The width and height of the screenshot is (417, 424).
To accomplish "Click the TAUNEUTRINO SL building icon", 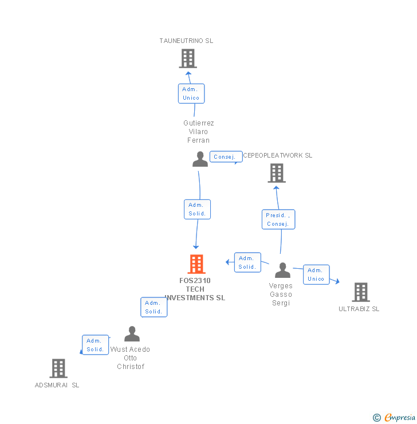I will [187, 58].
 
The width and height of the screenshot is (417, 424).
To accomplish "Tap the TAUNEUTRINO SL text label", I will [186, 41].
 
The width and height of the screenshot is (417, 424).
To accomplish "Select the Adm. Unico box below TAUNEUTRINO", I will [191, 93].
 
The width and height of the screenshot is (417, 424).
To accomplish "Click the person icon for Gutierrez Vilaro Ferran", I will [200, 159].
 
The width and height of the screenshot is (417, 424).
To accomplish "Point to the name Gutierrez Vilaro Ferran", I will [199, 132].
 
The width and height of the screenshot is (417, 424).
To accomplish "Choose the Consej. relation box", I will [225, 156].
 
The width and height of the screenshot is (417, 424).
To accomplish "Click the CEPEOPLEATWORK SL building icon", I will [276, 173].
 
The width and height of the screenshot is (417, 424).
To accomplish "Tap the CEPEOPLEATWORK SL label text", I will [278, 155].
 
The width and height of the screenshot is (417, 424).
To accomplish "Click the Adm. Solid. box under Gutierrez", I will [198, 209].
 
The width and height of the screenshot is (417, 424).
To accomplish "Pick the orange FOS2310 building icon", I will [196, 264].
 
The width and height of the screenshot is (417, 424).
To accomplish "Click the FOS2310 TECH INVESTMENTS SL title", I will [195, 289].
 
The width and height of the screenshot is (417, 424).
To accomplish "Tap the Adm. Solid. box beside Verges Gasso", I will [247, 262].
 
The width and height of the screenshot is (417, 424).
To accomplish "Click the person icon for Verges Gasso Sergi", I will [282, 270].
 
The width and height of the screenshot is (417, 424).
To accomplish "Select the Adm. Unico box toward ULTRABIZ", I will [316, 274].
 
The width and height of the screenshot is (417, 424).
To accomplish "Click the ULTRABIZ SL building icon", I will [360, 292].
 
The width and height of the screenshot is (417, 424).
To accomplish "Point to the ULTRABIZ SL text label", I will [359, 309].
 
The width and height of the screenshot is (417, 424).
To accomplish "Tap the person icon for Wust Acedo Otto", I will [132, 333].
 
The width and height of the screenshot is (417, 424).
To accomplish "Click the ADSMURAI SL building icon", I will [58, 368].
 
